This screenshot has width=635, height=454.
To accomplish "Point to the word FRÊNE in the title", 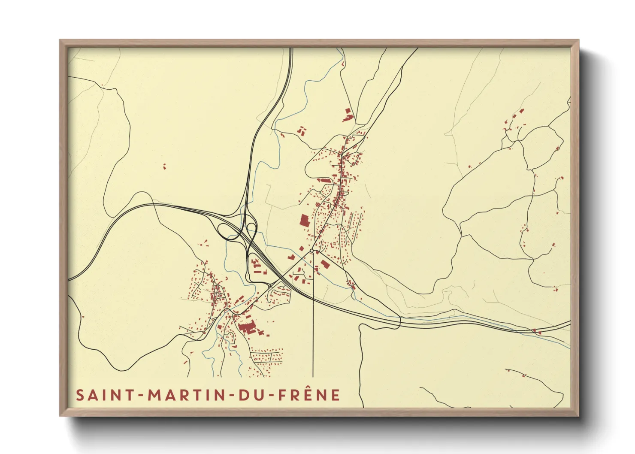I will pyautogui.click(x=309, y=395).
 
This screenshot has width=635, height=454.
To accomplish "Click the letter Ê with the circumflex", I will pyautogui.click(x=307, y=394).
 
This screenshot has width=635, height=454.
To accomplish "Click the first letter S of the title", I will pyautogui.click(x=80, y=395).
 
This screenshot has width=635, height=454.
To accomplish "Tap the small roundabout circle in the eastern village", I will pyautogui.click(x=312, y=250).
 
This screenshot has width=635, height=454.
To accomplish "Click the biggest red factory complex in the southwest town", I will pyautogui.click(x=246, y=328).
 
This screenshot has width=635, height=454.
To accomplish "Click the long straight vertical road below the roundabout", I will pyautogui.click(x=313, y=326).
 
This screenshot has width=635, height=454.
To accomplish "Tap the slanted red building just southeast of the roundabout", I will pyautogui.click(x=325, y=263).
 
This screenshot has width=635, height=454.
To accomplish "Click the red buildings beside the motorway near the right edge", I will pyautogui.click(x=534, y=330).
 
